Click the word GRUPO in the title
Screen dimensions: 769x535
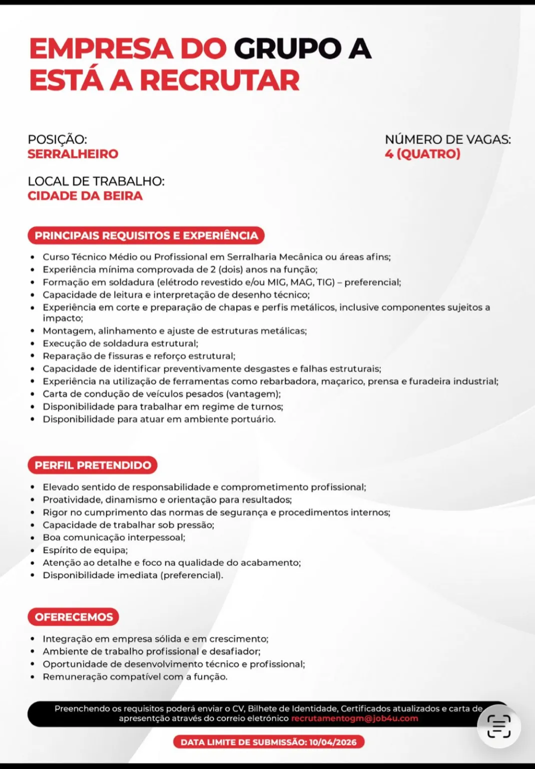click(x=287, y=49)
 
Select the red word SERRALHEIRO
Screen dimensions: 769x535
click(x=73, y=154)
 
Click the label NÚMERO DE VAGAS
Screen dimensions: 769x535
click(x=447, y=139)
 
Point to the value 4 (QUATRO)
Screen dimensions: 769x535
click(x=422, y=154)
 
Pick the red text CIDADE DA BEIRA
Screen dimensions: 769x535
click(x=85, y=196)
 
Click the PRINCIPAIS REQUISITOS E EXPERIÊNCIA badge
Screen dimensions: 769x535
click(x=146, y=235)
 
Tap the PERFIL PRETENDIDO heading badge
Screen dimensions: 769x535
click(x=93, y=465)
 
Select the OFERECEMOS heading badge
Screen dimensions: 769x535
click(x=74, y=617)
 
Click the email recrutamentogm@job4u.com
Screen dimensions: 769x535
click(x=354, y=718)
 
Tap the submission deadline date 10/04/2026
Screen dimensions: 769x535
click(x=333, y=742)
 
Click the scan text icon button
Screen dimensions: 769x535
click(x=498, y=726)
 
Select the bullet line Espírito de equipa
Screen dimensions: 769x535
click(x=85, y=550)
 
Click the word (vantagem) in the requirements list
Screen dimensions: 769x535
click(x=253, y=394)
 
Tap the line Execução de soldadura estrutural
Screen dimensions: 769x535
click(x=120, y=343)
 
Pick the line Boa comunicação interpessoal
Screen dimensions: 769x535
click(x=114, y=537)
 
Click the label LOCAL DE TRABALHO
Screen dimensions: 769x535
click(x=96, y=181)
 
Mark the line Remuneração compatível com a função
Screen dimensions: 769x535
click(x=135, y=676)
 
